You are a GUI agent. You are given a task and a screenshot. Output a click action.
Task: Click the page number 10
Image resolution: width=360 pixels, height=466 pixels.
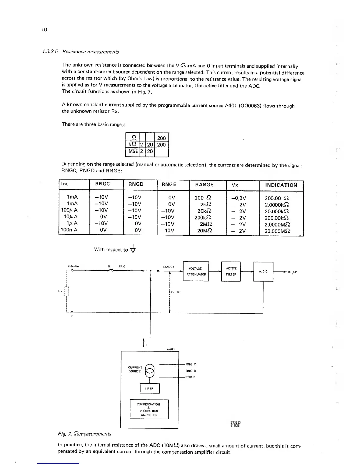44,29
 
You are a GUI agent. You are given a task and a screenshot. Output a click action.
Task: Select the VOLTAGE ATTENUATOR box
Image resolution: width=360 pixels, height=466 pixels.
196,271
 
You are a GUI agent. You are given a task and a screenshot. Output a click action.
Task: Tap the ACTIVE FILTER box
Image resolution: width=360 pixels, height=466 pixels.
231,271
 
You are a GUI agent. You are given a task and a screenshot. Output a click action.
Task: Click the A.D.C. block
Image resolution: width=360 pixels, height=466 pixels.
263,271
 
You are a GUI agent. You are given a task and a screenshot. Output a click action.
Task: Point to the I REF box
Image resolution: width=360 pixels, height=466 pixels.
150,388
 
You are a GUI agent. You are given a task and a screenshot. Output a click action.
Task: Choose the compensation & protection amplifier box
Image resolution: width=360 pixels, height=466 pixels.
149,409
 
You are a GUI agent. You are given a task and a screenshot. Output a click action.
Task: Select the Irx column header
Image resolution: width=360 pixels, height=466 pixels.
64,184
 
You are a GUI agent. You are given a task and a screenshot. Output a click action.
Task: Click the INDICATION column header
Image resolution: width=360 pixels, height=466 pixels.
281,185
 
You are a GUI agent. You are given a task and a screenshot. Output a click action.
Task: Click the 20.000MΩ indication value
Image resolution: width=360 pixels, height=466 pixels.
277,231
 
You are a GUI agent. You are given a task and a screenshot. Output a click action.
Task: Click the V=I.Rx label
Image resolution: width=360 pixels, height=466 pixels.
176,292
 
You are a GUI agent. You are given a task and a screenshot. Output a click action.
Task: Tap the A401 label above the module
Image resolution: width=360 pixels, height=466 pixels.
171,349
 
